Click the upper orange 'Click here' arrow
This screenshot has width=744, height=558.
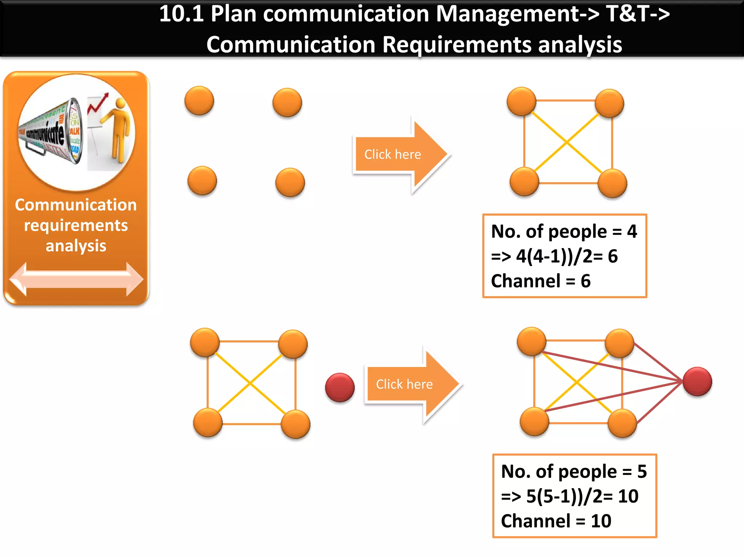click(396, 155)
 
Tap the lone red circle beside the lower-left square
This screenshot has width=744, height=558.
click(340, 387)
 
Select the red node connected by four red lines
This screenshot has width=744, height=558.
click(697, 381)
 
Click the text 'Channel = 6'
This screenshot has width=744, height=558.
click(541, 281)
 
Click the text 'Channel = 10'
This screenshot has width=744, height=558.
click(556, 521)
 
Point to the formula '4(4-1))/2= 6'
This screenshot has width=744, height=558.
click(567, 256)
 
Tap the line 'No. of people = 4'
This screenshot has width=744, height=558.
click(564, 231)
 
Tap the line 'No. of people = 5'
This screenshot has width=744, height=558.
click(574, 472)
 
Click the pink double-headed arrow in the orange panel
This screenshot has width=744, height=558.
click(76, 279)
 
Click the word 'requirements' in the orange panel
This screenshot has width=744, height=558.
click(76, 225)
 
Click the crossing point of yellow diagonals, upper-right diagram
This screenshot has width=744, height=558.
click(567, 142)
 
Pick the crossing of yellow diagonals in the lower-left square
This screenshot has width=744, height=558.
click(250, 383)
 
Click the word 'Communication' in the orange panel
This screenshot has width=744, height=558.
click(76, 205)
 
